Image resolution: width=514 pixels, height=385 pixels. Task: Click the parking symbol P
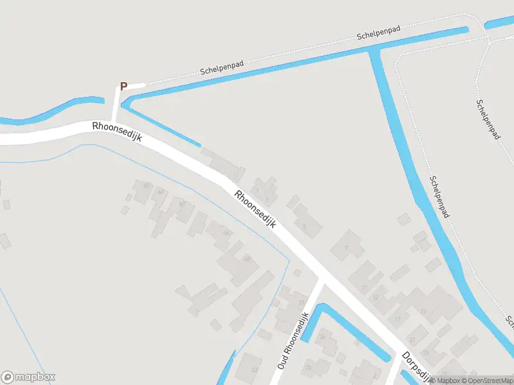tap(124, 86)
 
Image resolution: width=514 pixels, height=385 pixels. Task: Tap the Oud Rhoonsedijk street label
tap(294, 340)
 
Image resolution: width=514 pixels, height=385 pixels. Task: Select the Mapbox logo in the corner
tap(28, 377)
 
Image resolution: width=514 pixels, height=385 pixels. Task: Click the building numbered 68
tap(247, 259)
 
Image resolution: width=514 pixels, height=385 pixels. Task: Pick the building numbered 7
tap(346, 247)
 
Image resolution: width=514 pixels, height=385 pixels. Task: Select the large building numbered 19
tap(423, 311)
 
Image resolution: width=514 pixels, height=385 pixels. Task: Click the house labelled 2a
tap(321, 336)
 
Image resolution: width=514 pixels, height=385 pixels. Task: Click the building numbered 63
tap(254, 370)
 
